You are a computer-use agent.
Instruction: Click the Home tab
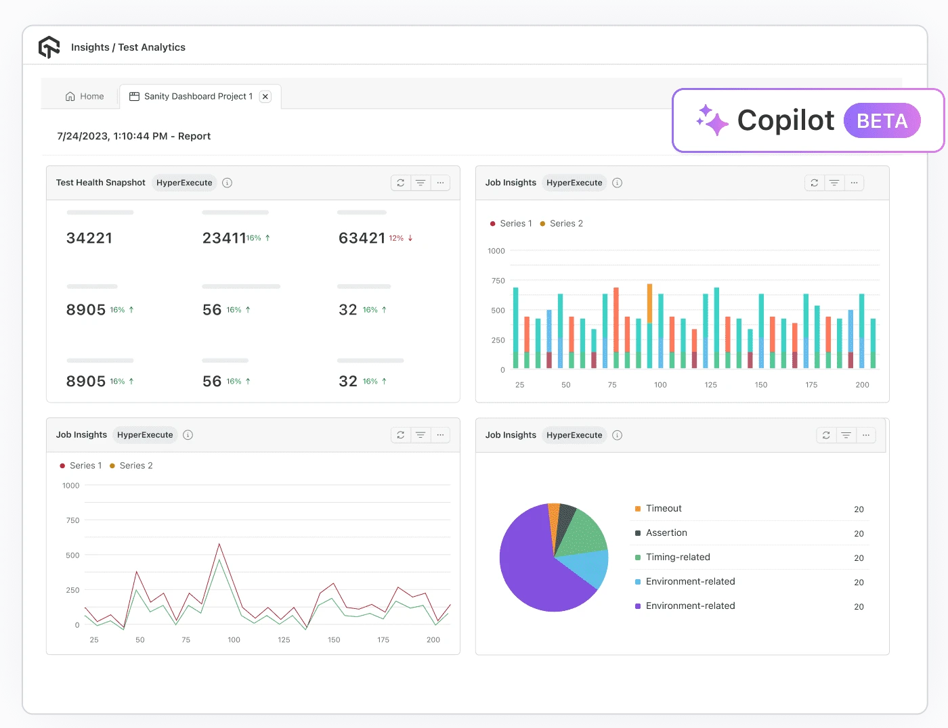(x=85, y=97)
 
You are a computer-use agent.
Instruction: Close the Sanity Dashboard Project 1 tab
(x=265, y=97)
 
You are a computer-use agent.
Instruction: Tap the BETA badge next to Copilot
(x=882, y=121)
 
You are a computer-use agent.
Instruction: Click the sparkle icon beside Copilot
(x=712, y=120)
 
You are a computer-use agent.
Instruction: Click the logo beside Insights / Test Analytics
(x=49, y=47)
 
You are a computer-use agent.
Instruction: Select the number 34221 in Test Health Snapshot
(x=89, y=238)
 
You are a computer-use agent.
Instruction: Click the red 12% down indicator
(x=400, y=238)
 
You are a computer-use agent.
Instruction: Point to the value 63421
(x=362, y=238)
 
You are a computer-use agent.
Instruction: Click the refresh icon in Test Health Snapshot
(x=401, y=183)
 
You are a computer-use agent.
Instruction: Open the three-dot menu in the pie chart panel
(x=865, y=435)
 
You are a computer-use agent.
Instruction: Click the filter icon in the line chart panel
(x=421, y=435)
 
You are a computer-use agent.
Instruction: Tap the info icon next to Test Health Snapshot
(x=228, y=183)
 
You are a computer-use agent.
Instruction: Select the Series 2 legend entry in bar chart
(x=561, y=223)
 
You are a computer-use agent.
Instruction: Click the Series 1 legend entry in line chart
(x=81, y=465)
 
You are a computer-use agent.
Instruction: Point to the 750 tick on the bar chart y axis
(x=498, y=281)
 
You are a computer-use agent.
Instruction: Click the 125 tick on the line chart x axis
(x=284, y=640)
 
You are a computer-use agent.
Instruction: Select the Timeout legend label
(x=664, y=509)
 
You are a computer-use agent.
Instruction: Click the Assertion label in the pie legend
(x=666, y=533)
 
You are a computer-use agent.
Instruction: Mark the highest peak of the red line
(x=219, y=544)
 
